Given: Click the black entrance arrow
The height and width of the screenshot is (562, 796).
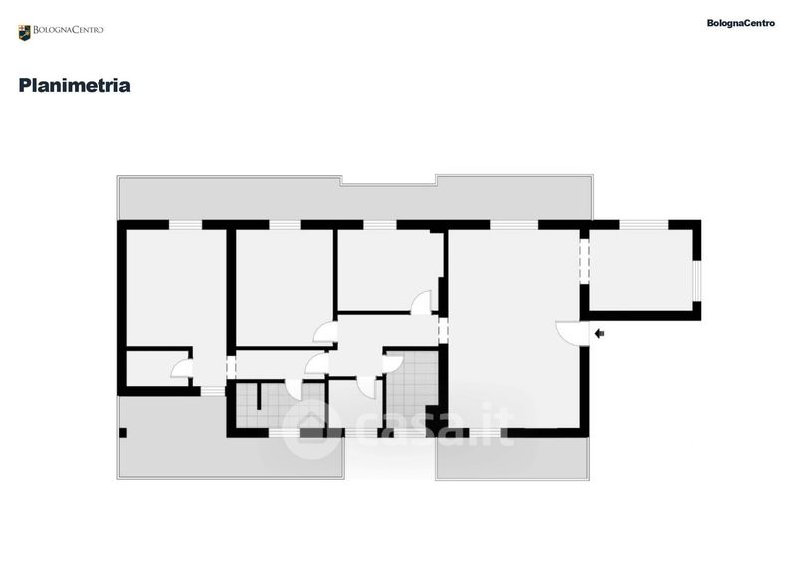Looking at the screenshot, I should (599, 334).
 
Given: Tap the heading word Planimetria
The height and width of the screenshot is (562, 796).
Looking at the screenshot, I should (75, 86).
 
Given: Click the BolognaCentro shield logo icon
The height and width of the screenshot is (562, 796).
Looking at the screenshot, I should (24, 32).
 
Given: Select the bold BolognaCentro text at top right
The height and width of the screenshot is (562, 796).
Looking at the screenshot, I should (740, 23).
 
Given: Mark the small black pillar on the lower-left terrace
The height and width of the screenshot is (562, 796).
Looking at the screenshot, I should (123, 432).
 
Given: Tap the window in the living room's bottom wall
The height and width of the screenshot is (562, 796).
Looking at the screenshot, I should (508, 432).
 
